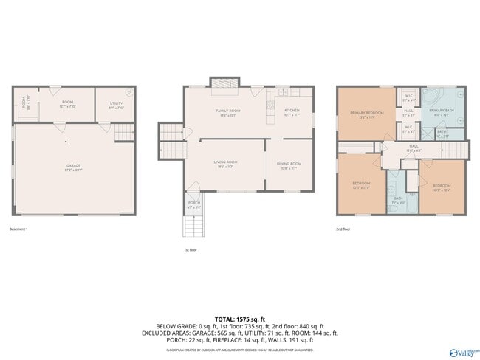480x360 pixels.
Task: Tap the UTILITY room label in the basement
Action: (116, 105)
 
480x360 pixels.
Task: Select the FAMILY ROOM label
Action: (227, 112)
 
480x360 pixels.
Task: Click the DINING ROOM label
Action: (289, 165)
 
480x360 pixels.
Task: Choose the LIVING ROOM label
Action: (225, 164)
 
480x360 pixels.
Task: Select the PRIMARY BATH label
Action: (440, 114)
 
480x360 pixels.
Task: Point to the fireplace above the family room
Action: (225, 83)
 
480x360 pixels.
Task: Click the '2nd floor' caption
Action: (343, 229)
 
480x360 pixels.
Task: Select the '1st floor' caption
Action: (191, 250)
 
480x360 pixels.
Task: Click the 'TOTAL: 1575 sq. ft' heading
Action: (240, 319)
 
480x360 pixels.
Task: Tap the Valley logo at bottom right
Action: (461, 353)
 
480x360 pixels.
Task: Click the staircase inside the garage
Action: (125, 132)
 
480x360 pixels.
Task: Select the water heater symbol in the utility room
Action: (130, 93)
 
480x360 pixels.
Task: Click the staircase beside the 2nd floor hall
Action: (453, 150)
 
